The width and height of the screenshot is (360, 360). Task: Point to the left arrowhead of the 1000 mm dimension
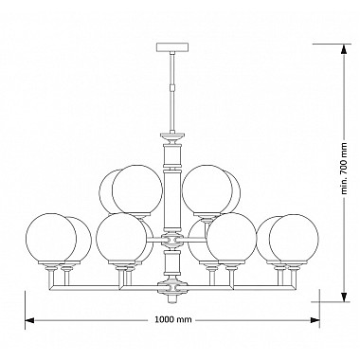28,320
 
